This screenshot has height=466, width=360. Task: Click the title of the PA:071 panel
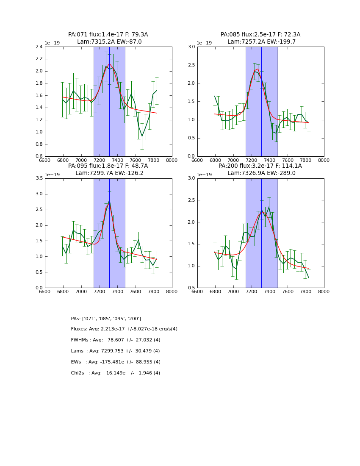point(108,38)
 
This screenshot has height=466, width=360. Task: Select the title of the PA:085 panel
point(260,38)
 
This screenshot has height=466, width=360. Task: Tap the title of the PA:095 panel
point(108,169)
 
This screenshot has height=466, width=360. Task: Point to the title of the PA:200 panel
point(260,169)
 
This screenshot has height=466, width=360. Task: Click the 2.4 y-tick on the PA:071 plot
point(39,47)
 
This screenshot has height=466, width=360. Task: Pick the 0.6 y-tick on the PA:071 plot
point(39,156)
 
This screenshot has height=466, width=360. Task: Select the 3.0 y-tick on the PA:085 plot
point(191,47)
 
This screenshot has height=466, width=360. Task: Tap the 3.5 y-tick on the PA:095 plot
point(39,178)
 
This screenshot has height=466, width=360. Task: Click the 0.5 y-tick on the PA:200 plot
point(191,288)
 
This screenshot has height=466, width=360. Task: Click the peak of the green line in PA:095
point(109,200)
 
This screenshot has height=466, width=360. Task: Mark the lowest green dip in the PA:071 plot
point(142,137)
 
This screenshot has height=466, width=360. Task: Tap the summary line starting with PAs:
point(106,319)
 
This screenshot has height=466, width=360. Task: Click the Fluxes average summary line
point(124,329)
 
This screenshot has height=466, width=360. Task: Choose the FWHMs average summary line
point(116,340)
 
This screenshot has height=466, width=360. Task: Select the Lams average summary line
point(116,351)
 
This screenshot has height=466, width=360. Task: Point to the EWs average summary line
point(116,362)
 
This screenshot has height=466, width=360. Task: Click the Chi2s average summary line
point(116,373)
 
